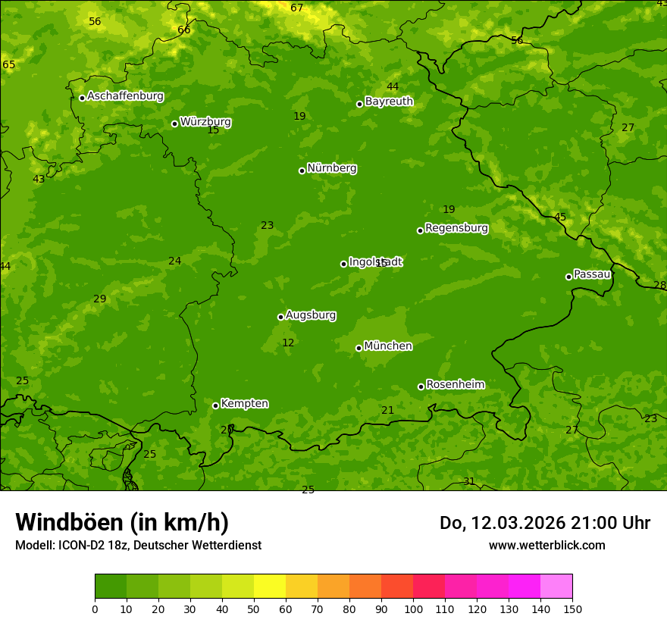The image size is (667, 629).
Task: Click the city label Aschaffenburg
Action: (125, 96)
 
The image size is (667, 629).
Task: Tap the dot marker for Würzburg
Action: (174, 124)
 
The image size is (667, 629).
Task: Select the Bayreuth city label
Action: (389, 102)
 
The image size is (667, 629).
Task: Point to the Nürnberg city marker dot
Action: (302, 171)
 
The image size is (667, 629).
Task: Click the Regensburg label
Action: (456, 228)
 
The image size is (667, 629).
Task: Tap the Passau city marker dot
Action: (568, 277)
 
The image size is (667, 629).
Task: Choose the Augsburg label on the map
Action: (311, 315)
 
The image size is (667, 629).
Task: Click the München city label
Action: (388, 346)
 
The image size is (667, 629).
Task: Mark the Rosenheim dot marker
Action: (421, 386)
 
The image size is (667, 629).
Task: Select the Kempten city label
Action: (244, 404)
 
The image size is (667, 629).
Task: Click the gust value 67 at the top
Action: (296, 8)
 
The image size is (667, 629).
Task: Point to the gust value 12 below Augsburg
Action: (288, 343)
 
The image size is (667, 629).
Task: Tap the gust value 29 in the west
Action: (99, 299)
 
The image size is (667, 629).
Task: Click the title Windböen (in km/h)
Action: (122, 522)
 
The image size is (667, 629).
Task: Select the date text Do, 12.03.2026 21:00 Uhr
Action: (545, 523)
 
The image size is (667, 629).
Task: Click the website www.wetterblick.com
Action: (546, 545)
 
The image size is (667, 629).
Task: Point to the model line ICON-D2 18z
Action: (138, 545)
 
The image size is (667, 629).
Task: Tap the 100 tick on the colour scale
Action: (413, 609)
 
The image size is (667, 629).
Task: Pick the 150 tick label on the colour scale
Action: (572, 609)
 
